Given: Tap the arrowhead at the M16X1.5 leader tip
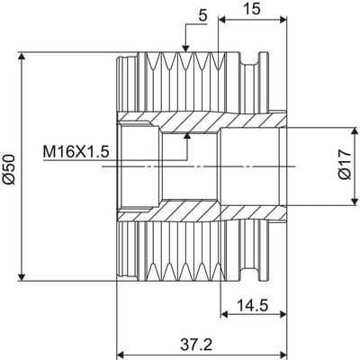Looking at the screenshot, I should coord(188,136).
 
